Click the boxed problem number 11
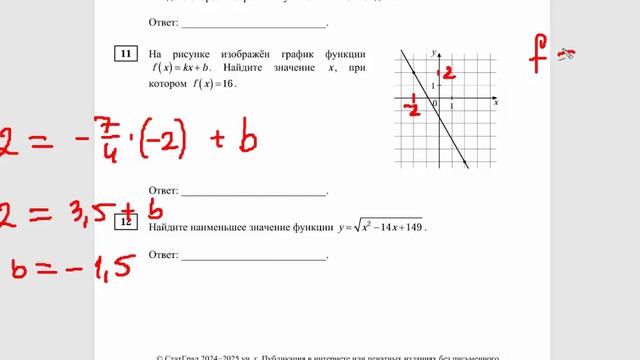pyautogui.click(x=126, y=54)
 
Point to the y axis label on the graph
pyautogui.click(x=435, y=51)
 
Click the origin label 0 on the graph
pyautogui.click(x=434, y=103)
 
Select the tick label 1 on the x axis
pyautogui.click(x=453, y=104)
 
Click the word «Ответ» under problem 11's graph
pyautogui.click(x=163, y=190)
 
